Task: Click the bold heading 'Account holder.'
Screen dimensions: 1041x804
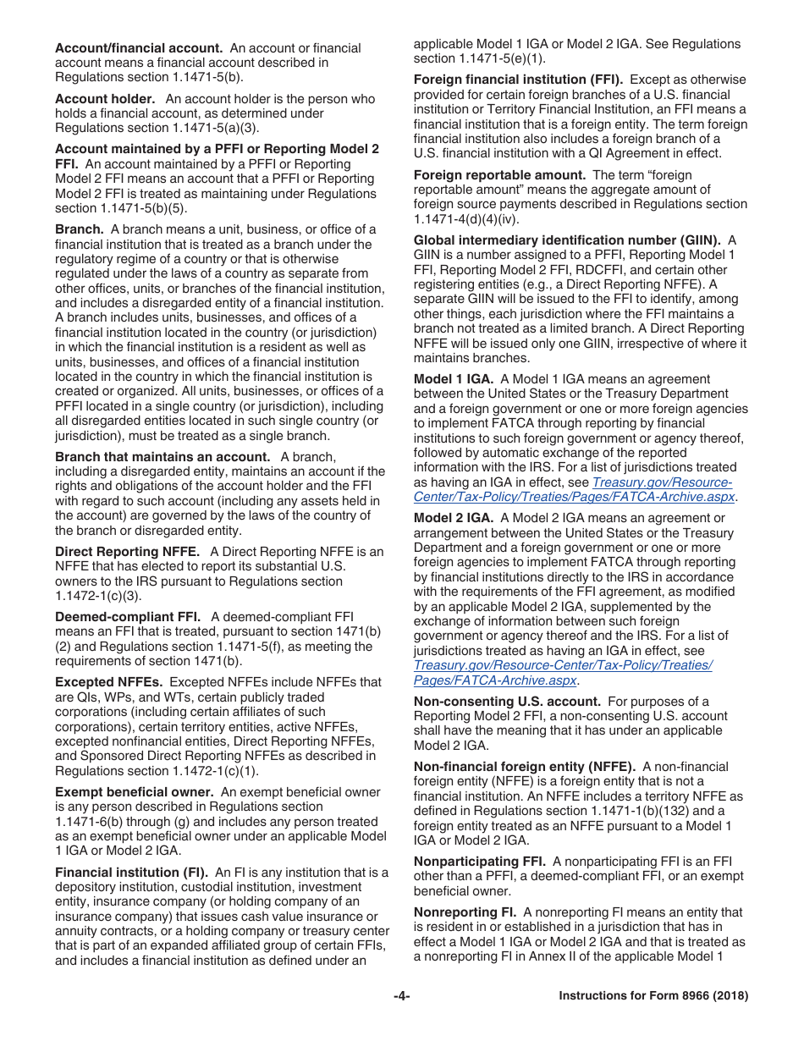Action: (105, 99)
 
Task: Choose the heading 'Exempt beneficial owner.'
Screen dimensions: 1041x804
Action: (135, 792)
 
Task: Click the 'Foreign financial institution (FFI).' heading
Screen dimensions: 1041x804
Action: (518, 80)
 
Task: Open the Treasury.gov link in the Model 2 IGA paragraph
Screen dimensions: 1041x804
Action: (562, 673)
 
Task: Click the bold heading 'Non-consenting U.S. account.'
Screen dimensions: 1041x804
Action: (507, 702)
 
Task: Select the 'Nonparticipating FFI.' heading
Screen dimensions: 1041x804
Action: (479, 862)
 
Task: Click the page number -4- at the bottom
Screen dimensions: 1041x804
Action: (402, 996)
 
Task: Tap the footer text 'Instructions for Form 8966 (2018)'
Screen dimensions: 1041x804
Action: (653, 996)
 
